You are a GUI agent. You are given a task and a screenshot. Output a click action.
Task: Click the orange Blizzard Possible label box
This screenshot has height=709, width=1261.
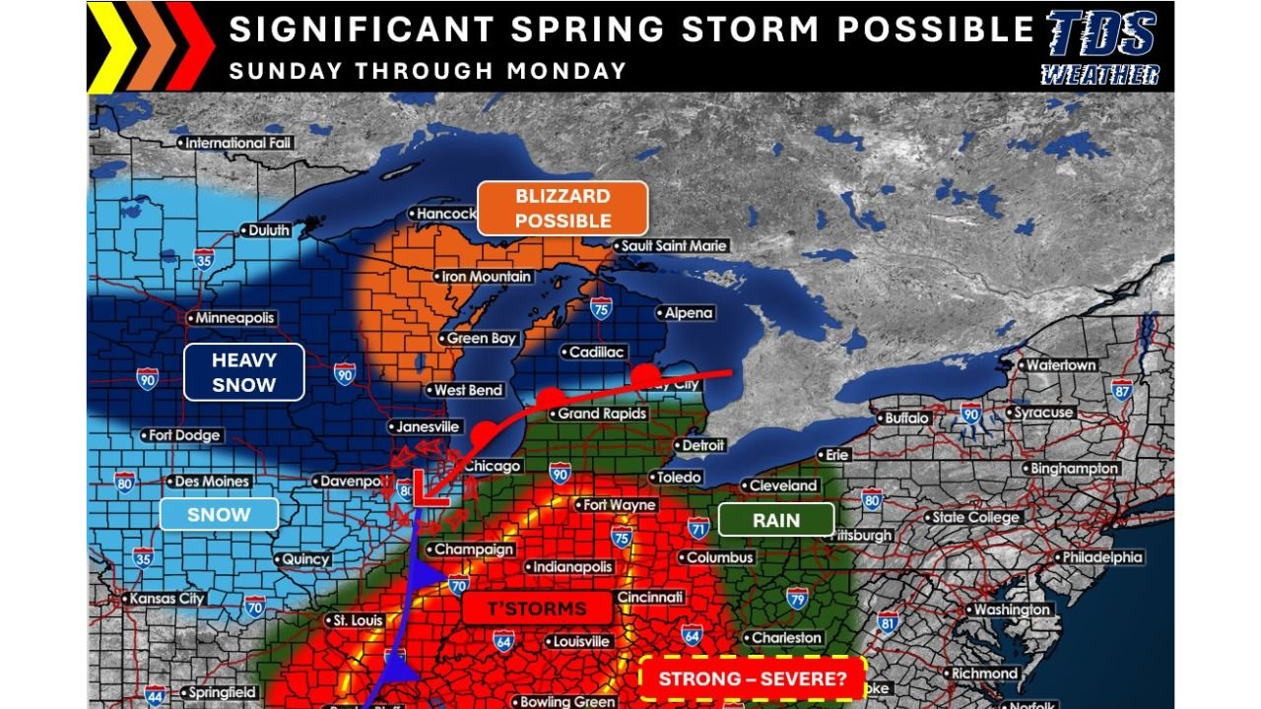pos(563,209)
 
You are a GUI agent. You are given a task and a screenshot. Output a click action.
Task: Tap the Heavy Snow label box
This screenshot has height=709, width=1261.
pos(243,372)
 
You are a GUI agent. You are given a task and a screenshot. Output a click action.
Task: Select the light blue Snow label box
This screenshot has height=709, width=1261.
pos(219,514)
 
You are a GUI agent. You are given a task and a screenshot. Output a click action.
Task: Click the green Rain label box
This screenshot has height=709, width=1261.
pos(776,520)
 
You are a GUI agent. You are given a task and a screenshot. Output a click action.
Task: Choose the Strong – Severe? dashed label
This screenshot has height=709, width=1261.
pos(752,679)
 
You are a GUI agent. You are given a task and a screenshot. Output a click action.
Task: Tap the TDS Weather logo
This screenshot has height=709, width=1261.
pos(1100,47)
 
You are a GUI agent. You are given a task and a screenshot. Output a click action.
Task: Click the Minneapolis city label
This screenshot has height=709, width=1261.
pos(233,318)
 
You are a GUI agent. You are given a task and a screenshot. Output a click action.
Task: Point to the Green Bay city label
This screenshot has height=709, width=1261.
pos(481,338)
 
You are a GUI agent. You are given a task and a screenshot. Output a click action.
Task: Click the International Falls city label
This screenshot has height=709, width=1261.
pos(239,143)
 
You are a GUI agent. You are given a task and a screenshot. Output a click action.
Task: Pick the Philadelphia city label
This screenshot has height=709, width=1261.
pos(1101,557)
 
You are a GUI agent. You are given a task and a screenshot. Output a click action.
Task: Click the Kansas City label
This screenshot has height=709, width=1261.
pos(164,599)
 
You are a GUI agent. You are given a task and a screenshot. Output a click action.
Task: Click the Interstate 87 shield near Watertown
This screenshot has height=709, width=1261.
pos(1121,390)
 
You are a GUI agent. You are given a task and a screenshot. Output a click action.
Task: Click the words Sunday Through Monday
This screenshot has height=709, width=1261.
pos(428,71)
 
